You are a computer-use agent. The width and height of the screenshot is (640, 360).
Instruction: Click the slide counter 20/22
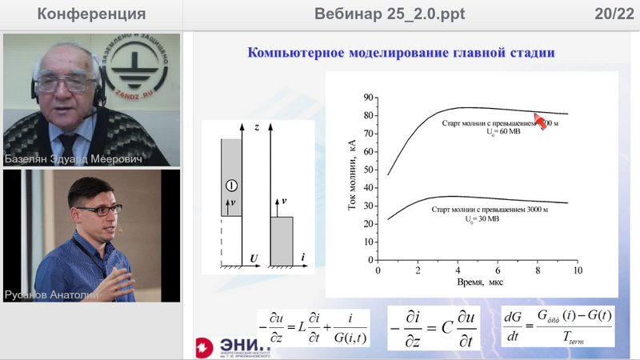(x=611, y=14)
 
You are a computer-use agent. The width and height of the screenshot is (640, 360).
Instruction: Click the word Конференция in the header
(x=91, y=14)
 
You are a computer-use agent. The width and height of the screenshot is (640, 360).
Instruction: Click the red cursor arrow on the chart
(x=542, y=121)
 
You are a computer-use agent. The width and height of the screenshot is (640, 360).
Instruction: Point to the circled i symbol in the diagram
(x=231, y=186)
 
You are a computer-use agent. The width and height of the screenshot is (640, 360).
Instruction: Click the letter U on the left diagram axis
(x=253, y=259)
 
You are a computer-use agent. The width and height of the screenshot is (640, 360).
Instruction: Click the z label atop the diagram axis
(x=254, y=127)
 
